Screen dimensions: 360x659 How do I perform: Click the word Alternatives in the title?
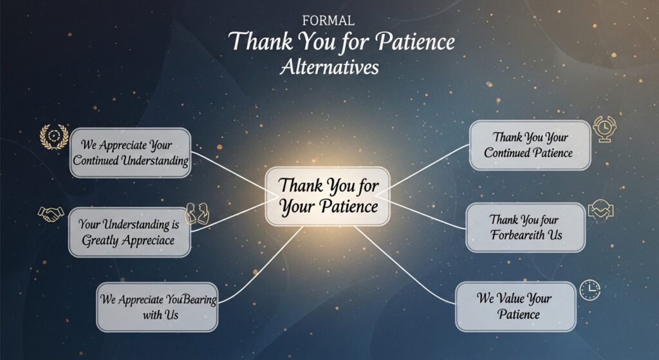329,67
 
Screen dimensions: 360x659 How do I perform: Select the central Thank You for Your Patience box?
328,196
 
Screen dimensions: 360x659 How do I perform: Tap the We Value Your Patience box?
515,307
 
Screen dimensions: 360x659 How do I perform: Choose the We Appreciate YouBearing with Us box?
158,307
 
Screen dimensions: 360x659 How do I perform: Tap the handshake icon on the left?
50,213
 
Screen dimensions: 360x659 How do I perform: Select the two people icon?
198,213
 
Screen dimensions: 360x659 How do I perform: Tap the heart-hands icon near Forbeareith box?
600,210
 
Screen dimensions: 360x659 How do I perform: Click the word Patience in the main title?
414,42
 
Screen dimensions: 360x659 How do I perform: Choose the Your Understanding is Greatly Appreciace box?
131,232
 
